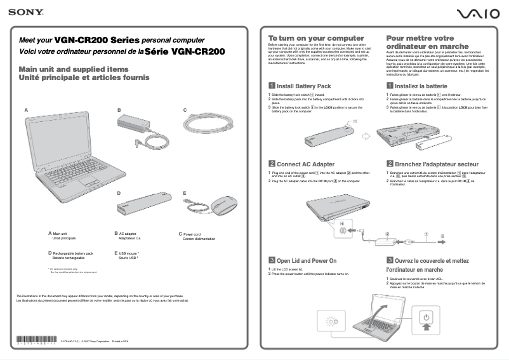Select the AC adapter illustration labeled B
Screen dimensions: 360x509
(143, 128)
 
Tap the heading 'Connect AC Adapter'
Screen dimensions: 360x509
(305, 164)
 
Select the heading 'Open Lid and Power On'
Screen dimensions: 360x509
(307, 260)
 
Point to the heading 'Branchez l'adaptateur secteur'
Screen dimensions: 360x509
(432, 164)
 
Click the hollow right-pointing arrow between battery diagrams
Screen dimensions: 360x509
(366, 135)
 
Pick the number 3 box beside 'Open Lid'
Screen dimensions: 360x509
(272, 260)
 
